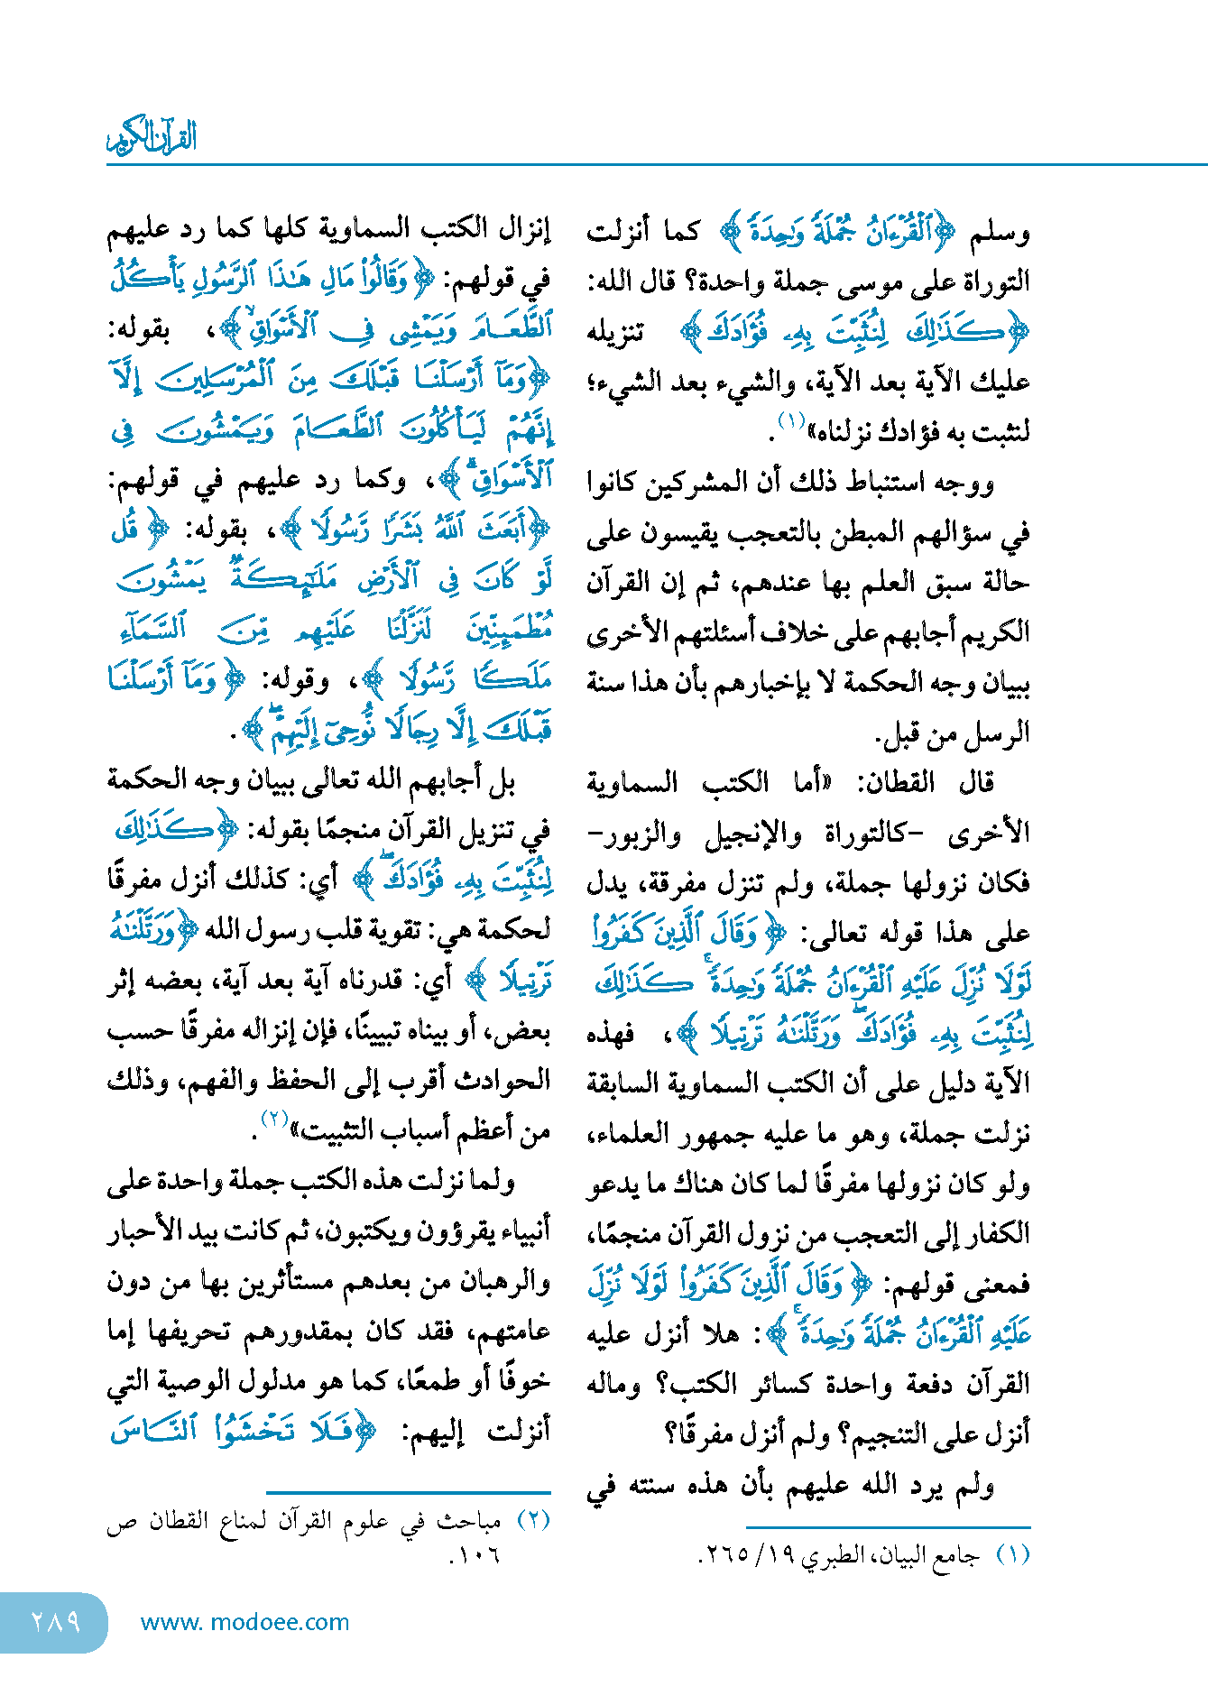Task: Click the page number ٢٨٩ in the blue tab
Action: pyautogui.click(x=56, y=1622)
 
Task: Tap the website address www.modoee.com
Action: pyautogui.click(x=244, y=1623)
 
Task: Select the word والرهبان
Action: pyautogui.click(x=503, y=1282)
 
